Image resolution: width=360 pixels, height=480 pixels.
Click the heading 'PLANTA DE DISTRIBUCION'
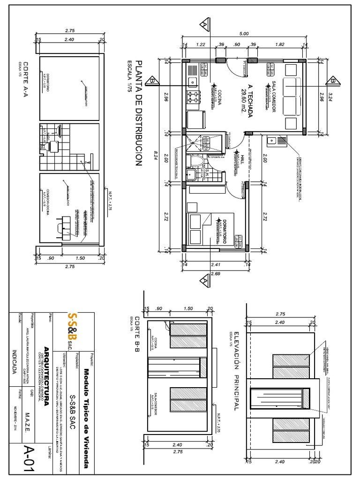138,112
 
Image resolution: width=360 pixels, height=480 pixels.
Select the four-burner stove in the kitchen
193,97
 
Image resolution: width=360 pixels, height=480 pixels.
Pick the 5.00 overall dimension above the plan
244,34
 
